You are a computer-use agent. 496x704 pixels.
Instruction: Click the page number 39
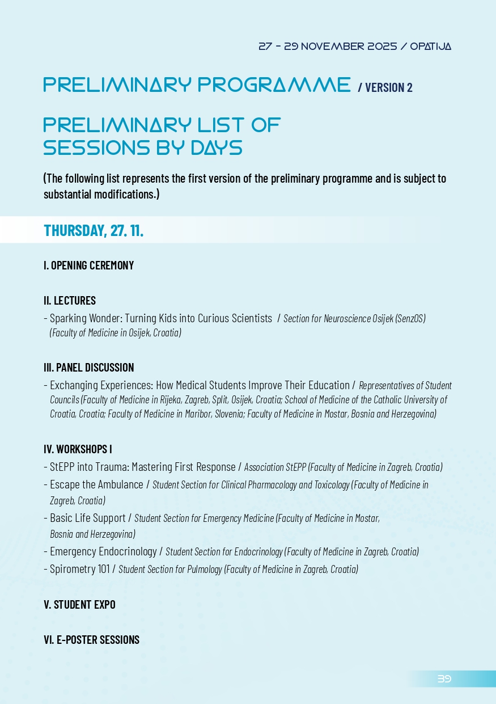(x=444, y=678)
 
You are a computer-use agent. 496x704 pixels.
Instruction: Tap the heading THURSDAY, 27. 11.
(x=94, y=231)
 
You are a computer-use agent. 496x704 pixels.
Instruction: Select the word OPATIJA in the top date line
(x=430, y=47)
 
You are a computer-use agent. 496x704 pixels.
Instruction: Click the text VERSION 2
(x=389, y=87)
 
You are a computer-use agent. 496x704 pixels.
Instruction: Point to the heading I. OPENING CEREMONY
(x=88, y=265)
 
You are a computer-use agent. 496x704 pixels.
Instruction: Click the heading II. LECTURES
(x=70, y=301)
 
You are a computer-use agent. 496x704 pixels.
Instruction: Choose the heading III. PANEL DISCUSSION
(x=88, y=368)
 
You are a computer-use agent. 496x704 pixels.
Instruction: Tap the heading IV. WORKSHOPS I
(x=78, y=449)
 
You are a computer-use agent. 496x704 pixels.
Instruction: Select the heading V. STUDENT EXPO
(x=79, y=605)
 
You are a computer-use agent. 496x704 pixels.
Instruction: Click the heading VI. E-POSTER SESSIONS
(x=91, y=640)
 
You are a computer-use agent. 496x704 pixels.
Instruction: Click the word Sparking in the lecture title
(x=67, y=318)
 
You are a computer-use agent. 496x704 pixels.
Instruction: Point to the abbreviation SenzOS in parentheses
(x=410, y=319)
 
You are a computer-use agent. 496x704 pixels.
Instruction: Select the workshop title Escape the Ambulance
(x=96, y=484)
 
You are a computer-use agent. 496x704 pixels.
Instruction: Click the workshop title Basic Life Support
(x=88, y=518)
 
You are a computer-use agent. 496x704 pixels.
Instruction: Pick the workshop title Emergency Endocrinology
(x=103, y=551)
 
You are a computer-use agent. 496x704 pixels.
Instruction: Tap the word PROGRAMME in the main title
(x=274, y=85)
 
